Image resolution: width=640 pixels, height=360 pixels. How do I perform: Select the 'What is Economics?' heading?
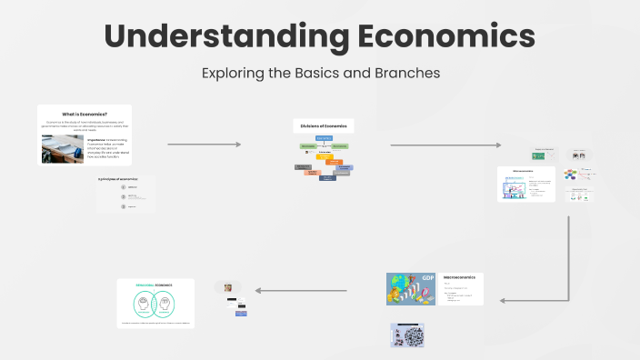pyautogui.click(x=85, y=113)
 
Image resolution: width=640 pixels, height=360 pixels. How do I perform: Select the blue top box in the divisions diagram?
pyautogui.click(x=325, y=137)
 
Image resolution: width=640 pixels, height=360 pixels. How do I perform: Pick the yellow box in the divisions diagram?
pyautogui.click(x=324, y=157)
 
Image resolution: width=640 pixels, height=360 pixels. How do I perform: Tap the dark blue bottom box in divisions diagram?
pyautogui.click(x=326, y=177)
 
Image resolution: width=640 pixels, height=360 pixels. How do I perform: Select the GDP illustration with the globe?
pyautogui.click(x=412, y=288)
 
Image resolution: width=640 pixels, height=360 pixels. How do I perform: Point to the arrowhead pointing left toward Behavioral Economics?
pyautogui.click(x=259, y=291)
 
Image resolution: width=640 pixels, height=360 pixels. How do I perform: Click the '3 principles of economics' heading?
pyautogui.click(x=118, y=179)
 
